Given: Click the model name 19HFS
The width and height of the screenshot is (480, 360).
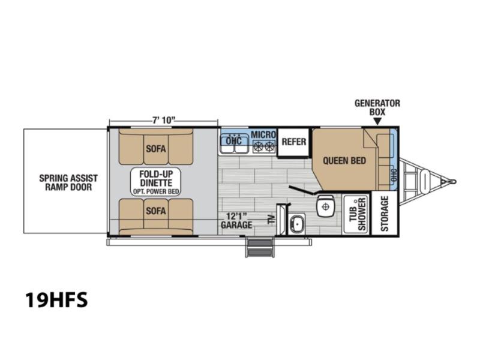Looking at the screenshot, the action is tap(56, 299).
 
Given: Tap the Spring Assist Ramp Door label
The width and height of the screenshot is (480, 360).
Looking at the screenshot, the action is tap(68, 182).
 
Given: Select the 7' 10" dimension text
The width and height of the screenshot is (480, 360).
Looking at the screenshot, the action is tap(164, 120).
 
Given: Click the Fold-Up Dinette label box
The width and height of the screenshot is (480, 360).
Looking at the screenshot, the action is tap(156, 182).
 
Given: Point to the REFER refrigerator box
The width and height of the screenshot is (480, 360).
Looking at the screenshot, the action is tap(293, 142).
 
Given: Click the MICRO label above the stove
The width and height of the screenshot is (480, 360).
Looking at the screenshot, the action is tap(263, 134).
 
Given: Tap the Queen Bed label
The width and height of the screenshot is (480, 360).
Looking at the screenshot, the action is tap(344, 161).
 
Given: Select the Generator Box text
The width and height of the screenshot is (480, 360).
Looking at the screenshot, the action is tap(377, 107).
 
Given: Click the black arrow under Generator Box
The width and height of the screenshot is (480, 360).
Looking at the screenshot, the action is tap(377, 122).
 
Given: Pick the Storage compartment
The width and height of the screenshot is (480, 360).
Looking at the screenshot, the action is tap(384, 214).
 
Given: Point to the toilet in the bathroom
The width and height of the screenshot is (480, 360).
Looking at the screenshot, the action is tap(325, 206).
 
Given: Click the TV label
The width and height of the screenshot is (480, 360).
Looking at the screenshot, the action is tap(271, 219).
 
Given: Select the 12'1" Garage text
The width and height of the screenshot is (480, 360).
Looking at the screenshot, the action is tap(236, 221).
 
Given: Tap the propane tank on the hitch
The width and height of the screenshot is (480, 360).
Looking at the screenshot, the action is tap(425, 181).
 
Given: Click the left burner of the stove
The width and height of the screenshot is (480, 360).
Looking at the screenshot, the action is tap(258, 146).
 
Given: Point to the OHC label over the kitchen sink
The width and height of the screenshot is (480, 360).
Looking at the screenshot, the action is tap(233, 141).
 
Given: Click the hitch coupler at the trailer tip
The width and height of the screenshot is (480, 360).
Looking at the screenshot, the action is tap(452, 182).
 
